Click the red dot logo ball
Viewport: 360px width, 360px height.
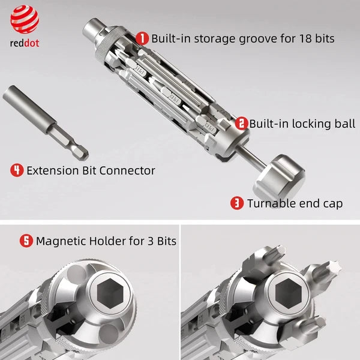pos(25,20)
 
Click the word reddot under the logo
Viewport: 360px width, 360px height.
pos(25,43)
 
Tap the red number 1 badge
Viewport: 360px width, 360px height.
pos(143,38)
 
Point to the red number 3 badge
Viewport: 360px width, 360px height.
pos(237,203)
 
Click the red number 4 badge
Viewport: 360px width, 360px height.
pos(17,170)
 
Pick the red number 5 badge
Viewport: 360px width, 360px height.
pos(26,241)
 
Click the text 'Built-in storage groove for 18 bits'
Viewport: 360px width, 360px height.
pos(243,38)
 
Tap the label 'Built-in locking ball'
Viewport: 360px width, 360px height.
pos(302,124)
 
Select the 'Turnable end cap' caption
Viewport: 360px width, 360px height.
pos(295,203)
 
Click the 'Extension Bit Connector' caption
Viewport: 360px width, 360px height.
pos(91,170)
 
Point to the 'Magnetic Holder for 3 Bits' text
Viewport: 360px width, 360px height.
pos(106,241)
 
